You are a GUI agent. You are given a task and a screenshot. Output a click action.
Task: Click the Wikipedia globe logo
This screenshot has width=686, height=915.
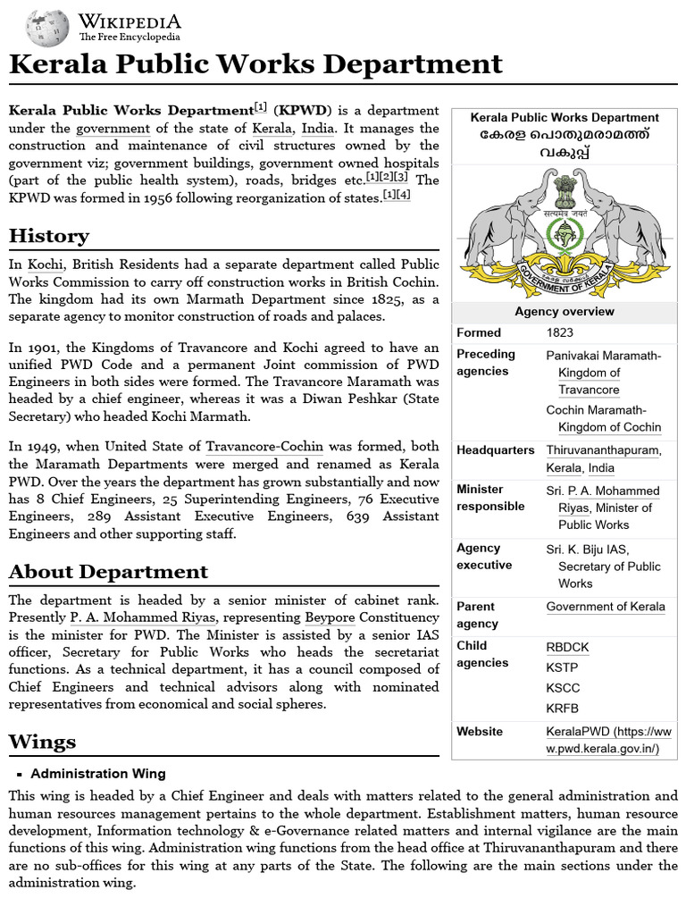tap(47, 28)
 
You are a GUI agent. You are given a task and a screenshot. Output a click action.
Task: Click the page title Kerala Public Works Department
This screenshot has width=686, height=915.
tap(255, 64)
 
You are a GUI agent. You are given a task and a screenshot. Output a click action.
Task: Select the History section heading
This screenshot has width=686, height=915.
tap(49, 236)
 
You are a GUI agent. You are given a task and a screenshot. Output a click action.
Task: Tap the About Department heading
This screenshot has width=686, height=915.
tap(108, 572)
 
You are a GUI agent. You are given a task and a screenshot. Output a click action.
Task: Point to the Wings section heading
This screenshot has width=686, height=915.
tap(42, 742)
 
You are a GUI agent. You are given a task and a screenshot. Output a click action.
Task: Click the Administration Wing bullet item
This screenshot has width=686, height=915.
tap(98, 774)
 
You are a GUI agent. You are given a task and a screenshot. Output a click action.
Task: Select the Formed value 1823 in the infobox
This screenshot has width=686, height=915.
tap(560, 333)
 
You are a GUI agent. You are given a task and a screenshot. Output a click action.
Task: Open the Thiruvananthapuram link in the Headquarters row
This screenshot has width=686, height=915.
tap(603, 450)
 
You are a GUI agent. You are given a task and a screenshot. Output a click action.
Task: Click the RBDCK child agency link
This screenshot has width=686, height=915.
tap(567, 647)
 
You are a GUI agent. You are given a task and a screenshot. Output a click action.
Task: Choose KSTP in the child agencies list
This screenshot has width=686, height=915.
tap(562, 667)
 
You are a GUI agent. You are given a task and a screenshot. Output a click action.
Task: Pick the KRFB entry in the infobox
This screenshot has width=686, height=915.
tap(562, 709)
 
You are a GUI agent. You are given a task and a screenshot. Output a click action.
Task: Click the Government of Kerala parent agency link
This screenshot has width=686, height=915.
tap(606, 607)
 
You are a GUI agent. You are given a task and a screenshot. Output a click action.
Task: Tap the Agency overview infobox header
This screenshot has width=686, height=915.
tap(564, 312)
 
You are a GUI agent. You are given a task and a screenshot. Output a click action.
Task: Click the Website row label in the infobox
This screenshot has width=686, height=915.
tap(480, 732)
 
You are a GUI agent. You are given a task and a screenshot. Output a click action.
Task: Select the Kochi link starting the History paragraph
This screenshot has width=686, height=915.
tap(45, 264)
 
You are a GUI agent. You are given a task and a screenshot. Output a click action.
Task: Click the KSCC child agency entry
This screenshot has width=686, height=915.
tap(563, 688)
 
